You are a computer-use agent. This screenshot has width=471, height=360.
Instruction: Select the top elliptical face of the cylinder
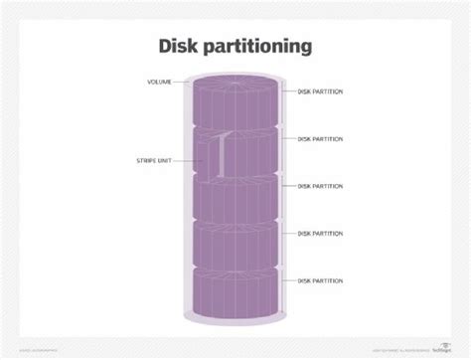(x=235, y=80)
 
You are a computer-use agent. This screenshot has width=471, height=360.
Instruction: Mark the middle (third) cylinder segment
(x=235, y=199)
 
